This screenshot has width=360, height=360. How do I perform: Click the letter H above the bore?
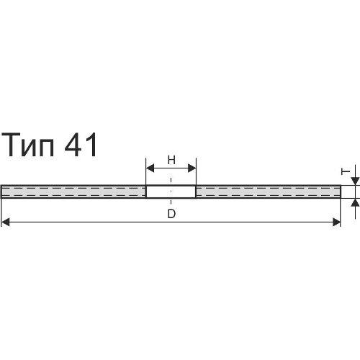point(171,160)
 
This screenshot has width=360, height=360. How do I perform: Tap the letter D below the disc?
point(171,214)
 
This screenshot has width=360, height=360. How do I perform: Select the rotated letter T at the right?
point(346,171)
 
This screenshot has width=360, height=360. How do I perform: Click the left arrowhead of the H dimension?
point(150,168)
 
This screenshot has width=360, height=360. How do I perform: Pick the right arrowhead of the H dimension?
point(192,168)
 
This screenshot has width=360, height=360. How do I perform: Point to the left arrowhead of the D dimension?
point(5,222)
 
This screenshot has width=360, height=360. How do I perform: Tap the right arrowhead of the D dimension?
point(336,222)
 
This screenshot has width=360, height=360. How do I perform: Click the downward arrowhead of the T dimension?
point(356,181)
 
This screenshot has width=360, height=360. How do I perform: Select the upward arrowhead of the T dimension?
point(356,202)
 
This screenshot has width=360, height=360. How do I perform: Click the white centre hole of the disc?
point(171,192)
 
